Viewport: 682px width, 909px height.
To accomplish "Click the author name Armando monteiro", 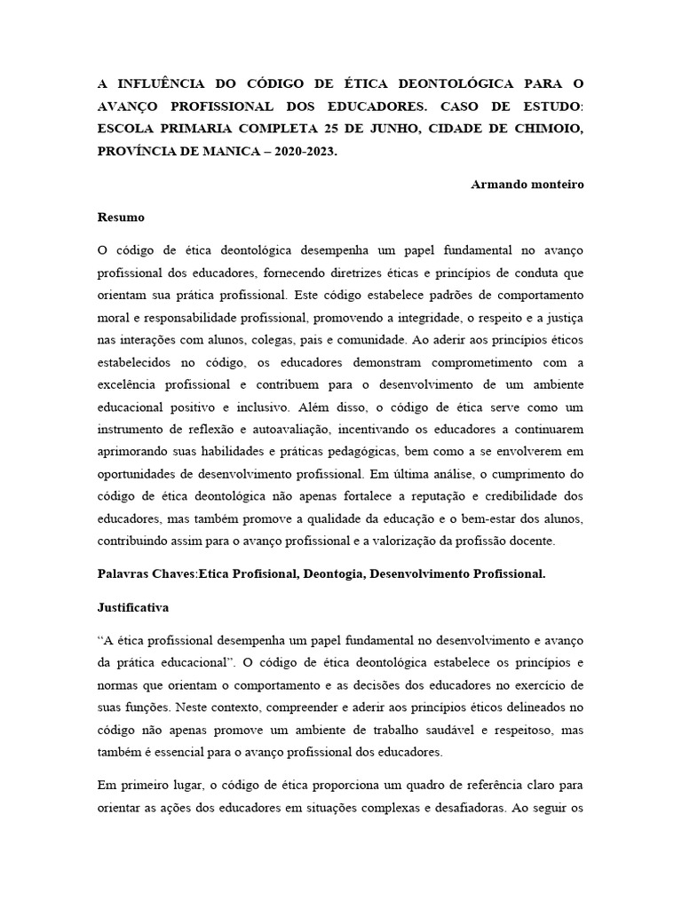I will (527, 184).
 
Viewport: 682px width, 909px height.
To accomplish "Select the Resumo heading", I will (121, 217).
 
